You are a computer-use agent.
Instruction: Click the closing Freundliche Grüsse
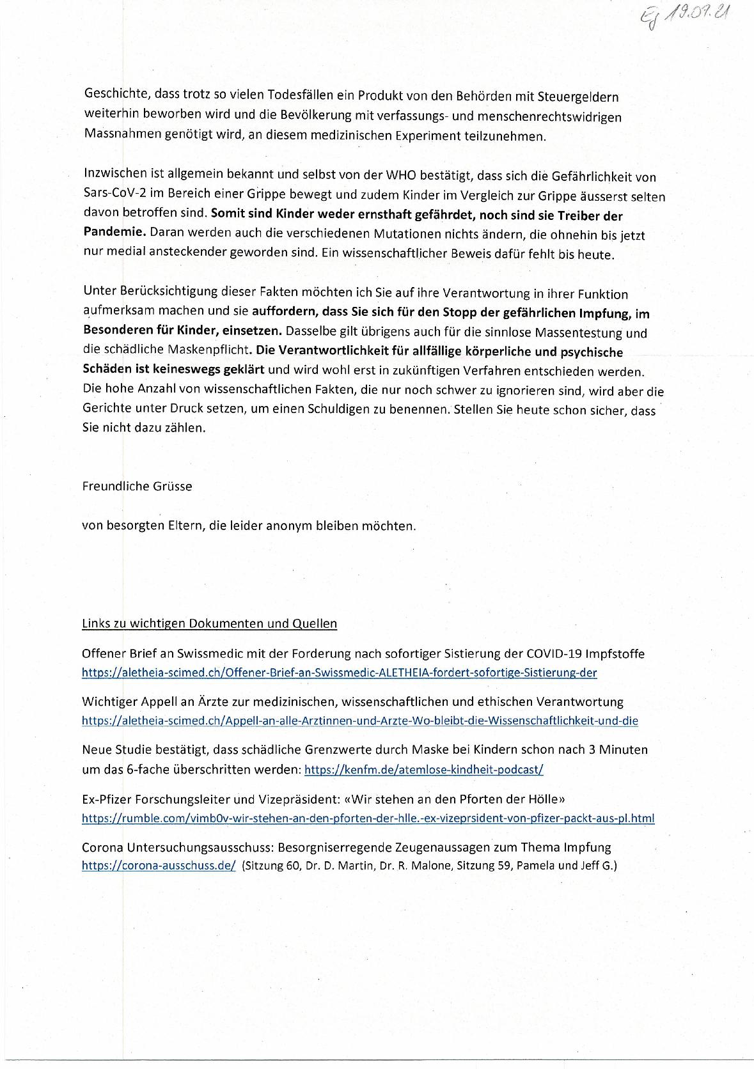(x=137, y=486)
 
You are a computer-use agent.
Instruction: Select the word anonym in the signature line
(x=293, y=526)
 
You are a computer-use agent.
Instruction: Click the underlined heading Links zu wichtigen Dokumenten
(x=209, y=623)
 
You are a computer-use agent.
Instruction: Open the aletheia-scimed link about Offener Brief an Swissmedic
(x=339, y=673)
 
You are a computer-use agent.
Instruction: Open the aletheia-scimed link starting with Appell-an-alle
(x=359, y=721)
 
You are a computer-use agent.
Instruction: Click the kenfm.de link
(x=423, y=770)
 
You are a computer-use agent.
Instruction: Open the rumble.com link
(x=368, y=818)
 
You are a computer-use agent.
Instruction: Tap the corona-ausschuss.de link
(x=159, y=866)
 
